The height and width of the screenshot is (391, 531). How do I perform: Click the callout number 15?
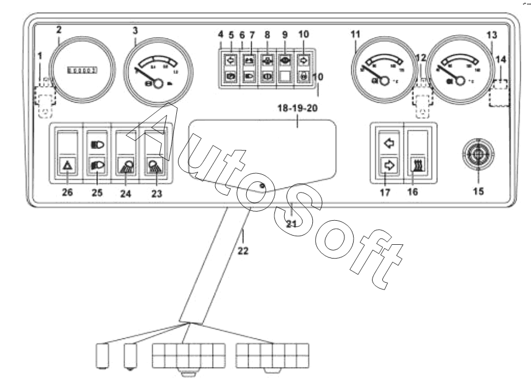tap(478, 190)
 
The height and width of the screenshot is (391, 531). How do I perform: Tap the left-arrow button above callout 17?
tap(389, 142)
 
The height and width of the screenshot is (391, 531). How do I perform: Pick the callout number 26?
tap(68, 193)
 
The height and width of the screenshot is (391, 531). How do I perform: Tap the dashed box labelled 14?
tap(499, 93)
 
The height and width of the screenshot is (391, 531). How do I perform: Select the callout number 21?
tap(292, 223)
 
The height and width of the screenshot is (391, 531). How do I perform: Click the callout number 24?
tap(126, 193)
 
